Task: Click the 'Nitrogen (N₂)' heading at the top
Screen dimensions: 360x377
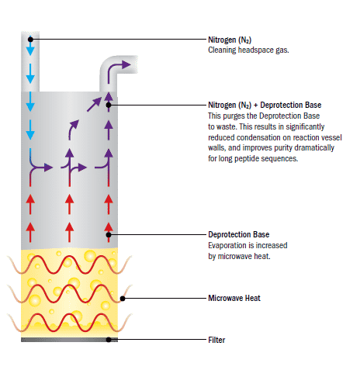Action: click(x=230, y=40)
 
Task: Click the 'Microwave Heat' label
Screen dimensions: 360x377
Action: click(x=234, y=298)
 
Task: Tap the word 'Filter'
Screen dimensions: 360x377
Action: click(x=216, y=340)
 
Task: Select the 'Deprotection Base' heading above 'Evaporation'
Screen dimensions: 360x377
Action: click(x=239, y=234)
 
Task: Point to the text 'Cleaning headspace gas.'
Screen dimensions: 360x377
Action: click(x=248, y=50)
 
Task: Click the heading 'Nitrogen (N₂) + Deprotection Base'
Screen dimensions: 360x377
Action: click(x=265, y=105)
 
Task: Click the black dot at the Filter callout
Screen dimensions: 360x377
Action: click(x=109, y=340)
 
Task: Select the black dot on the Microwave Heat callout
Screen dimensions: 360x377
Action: click(x=123, y=299)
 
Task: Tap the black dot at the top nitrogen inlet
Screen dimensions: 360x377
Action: click(x=30, y=40)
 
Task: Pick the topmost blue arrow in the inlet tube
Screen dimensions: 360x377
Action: click(x=30, y=47)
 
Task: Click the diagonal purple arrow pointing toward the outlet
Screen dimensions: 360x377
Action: click(x=94, y=105)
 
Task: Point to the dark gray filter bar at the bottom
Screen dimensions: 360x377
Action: click(x=69, y=340)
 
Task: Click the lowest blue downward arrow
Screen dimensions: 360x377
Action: click(x=30, y=130)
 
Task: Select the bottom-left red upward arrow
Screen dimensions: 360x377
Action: click(x=30, y=233)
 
